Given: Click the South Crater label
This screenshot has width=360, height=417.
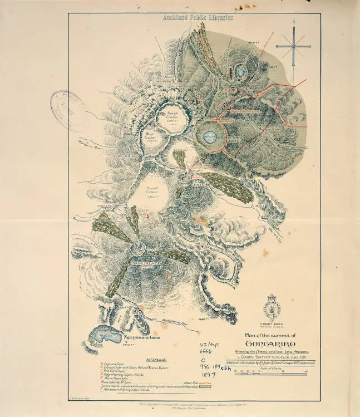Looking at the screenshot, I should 152,193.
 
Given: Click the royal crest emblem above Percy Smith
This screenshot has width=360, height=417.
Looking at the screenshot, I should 272,307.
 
